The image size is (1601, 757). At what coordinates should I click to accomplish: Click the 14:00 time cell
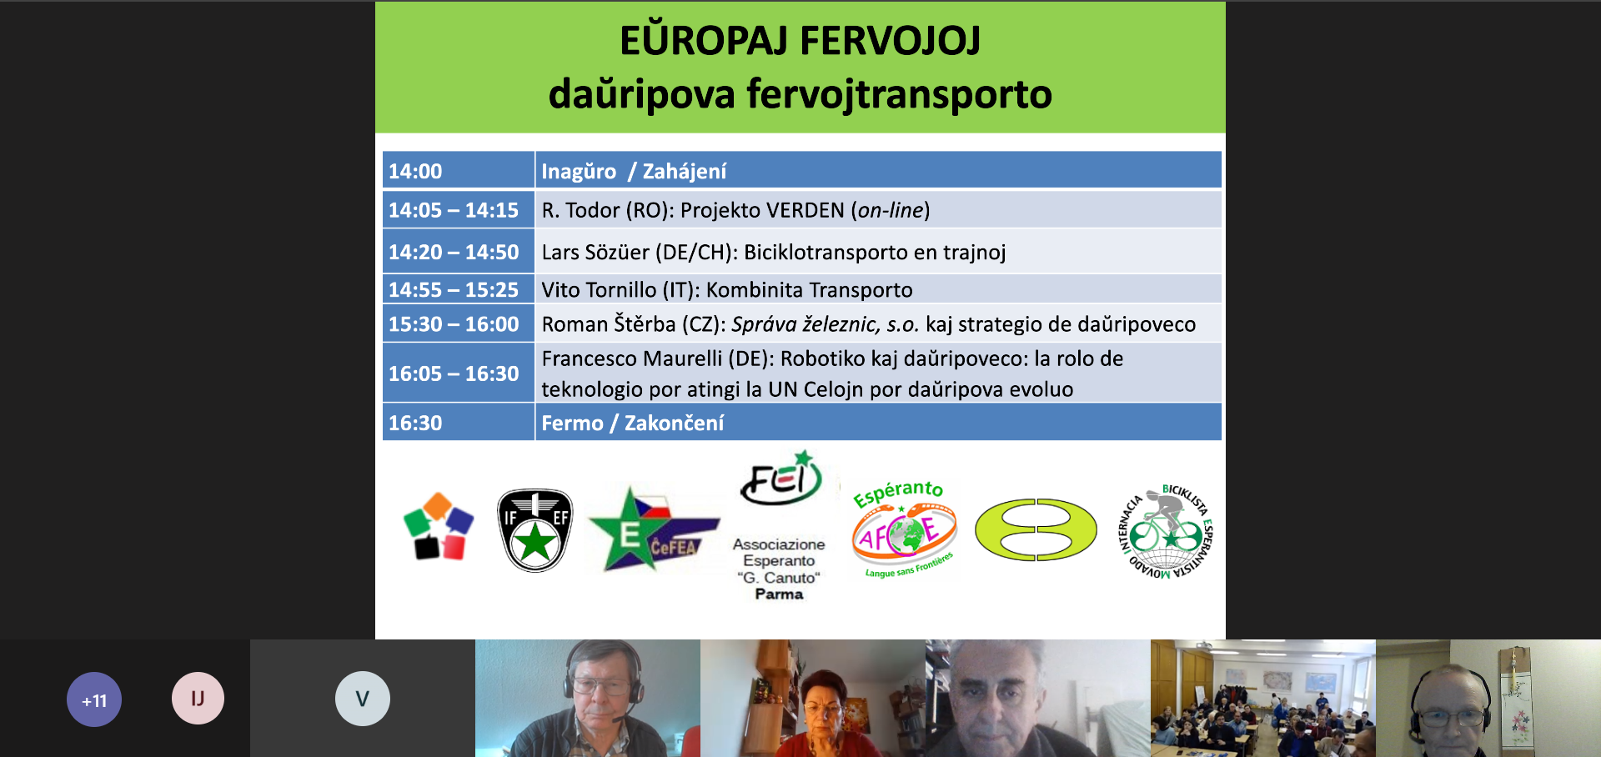tap(458, 170)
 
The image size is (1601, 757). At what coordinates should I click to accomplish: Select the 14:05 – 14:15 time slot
tap(458, 209)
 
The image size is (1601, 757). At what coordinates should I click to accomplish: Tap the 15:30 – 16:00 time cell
tap(458, 323)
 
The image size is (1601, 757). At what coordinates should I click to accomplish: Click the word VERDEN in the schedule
tap(805, 210)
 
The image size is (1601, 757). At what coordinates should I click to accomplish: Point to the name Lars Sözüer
tap(595, 252)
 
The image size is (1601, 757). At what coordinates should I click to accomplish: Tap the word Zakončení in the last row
tap(674, 423)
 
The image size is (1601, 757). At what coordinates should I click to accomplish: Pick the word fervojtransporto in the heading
tap(899, 94)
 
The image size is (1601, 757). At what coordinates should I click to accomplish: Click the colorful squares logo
tap(439, 526)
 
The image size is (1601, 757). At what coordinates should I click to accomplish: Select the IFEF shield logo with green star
tap(535, 530)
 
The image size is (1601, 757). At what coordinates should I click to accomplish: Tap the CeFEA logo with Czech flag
tap(653, 529)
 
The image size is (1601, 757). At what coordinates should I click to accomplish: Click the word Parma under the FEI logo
tap(779, 594)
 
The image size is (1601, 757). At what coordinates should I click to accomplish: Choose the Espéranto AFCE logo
tap(904, 529)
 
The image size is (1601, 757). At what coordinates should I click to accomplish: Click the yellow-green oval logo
tap(1036, 529)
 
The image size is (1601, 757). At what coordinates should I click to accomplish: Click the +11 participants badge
tap(94, 699)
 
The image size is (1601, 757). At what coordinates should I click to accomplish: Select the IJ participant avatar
tap(198, 698)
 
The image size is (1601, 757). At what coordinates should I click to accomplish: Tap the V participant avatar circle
tap(363, 699)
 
